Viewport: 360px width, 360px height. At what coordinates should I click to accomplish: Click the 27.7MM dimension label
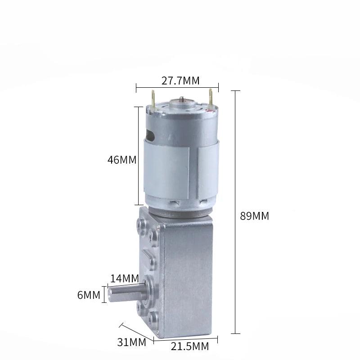tap(180, 81)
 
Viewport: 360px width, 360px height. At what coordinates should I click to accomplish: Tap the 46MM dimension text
tap(122, 160)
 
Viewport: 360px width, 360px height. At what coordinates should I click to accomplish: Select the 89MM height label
tap(254, 216)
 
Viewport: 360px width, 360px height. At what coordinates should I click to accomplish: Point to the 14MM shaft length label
tap(125, 279)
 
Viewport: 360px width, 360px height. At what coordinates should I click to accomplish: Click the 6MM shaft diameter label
tap(89, 295)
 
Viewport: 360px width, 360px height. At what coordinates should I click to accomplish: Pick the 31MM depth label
tap(131, 342)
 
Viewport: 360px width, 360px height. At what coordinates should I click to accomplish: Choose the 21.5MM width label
tap(190, 346)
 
